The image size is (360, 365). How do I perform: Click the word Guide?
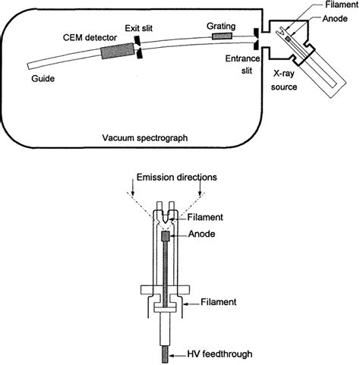pyautogui.click(x=43, y=77)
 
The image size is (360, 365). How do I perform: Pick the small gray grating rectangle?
pyautogui.click(x=223, y=36)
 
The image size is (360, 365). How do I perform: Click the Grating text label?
pyautogui.click(x=222, y=24)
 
